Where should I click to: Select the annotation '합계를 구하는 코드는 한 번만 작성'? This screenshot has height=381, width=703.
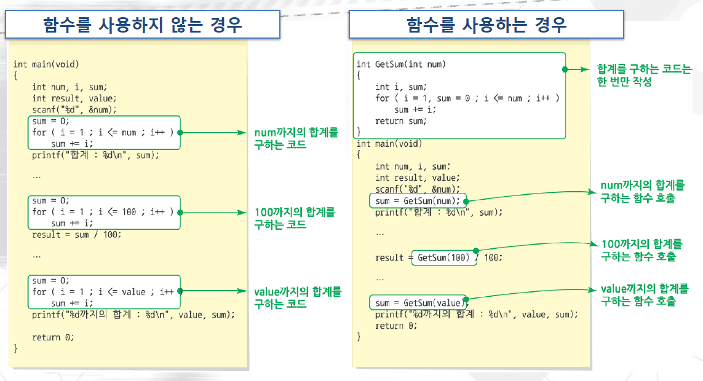[x=644, y=75]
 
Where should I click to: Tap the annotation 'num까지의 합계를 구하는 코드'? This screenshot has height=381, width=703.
[x=296, y=138]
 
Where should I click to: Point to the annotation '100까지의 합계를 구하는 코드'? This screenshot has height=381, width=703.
[x=295, y=218]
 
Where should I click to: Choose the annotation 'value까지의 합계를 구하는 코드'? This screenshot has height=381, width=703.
[x=297, y=297]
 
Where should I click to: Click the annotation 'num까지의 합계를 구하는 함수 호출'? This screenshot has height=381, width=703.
[x=641, y=192]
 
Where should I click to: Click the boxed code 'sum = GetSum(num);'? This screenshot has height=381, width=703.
[x=418, y=201]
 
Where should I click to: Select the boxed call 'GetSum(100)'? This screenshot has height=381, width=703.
[x=443, y=257]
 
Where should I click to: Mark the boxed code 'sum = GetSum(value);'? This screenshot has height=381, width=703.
[x=418, y=303]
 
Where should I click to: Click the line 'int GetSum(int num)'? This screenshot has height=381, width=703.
[x=401, y=64]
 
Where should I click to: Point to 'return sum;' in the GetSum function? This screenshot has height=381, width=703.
[x=400, y=121]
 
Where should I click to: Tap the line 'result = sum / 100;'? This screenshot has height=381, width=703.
[x=77, y=234]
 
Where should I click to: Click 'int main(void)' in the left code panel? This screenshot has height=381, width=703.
[x=46, y=64]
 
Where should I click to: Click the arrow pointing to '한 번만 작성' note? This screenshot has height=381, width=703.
[x=578, y=70]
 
